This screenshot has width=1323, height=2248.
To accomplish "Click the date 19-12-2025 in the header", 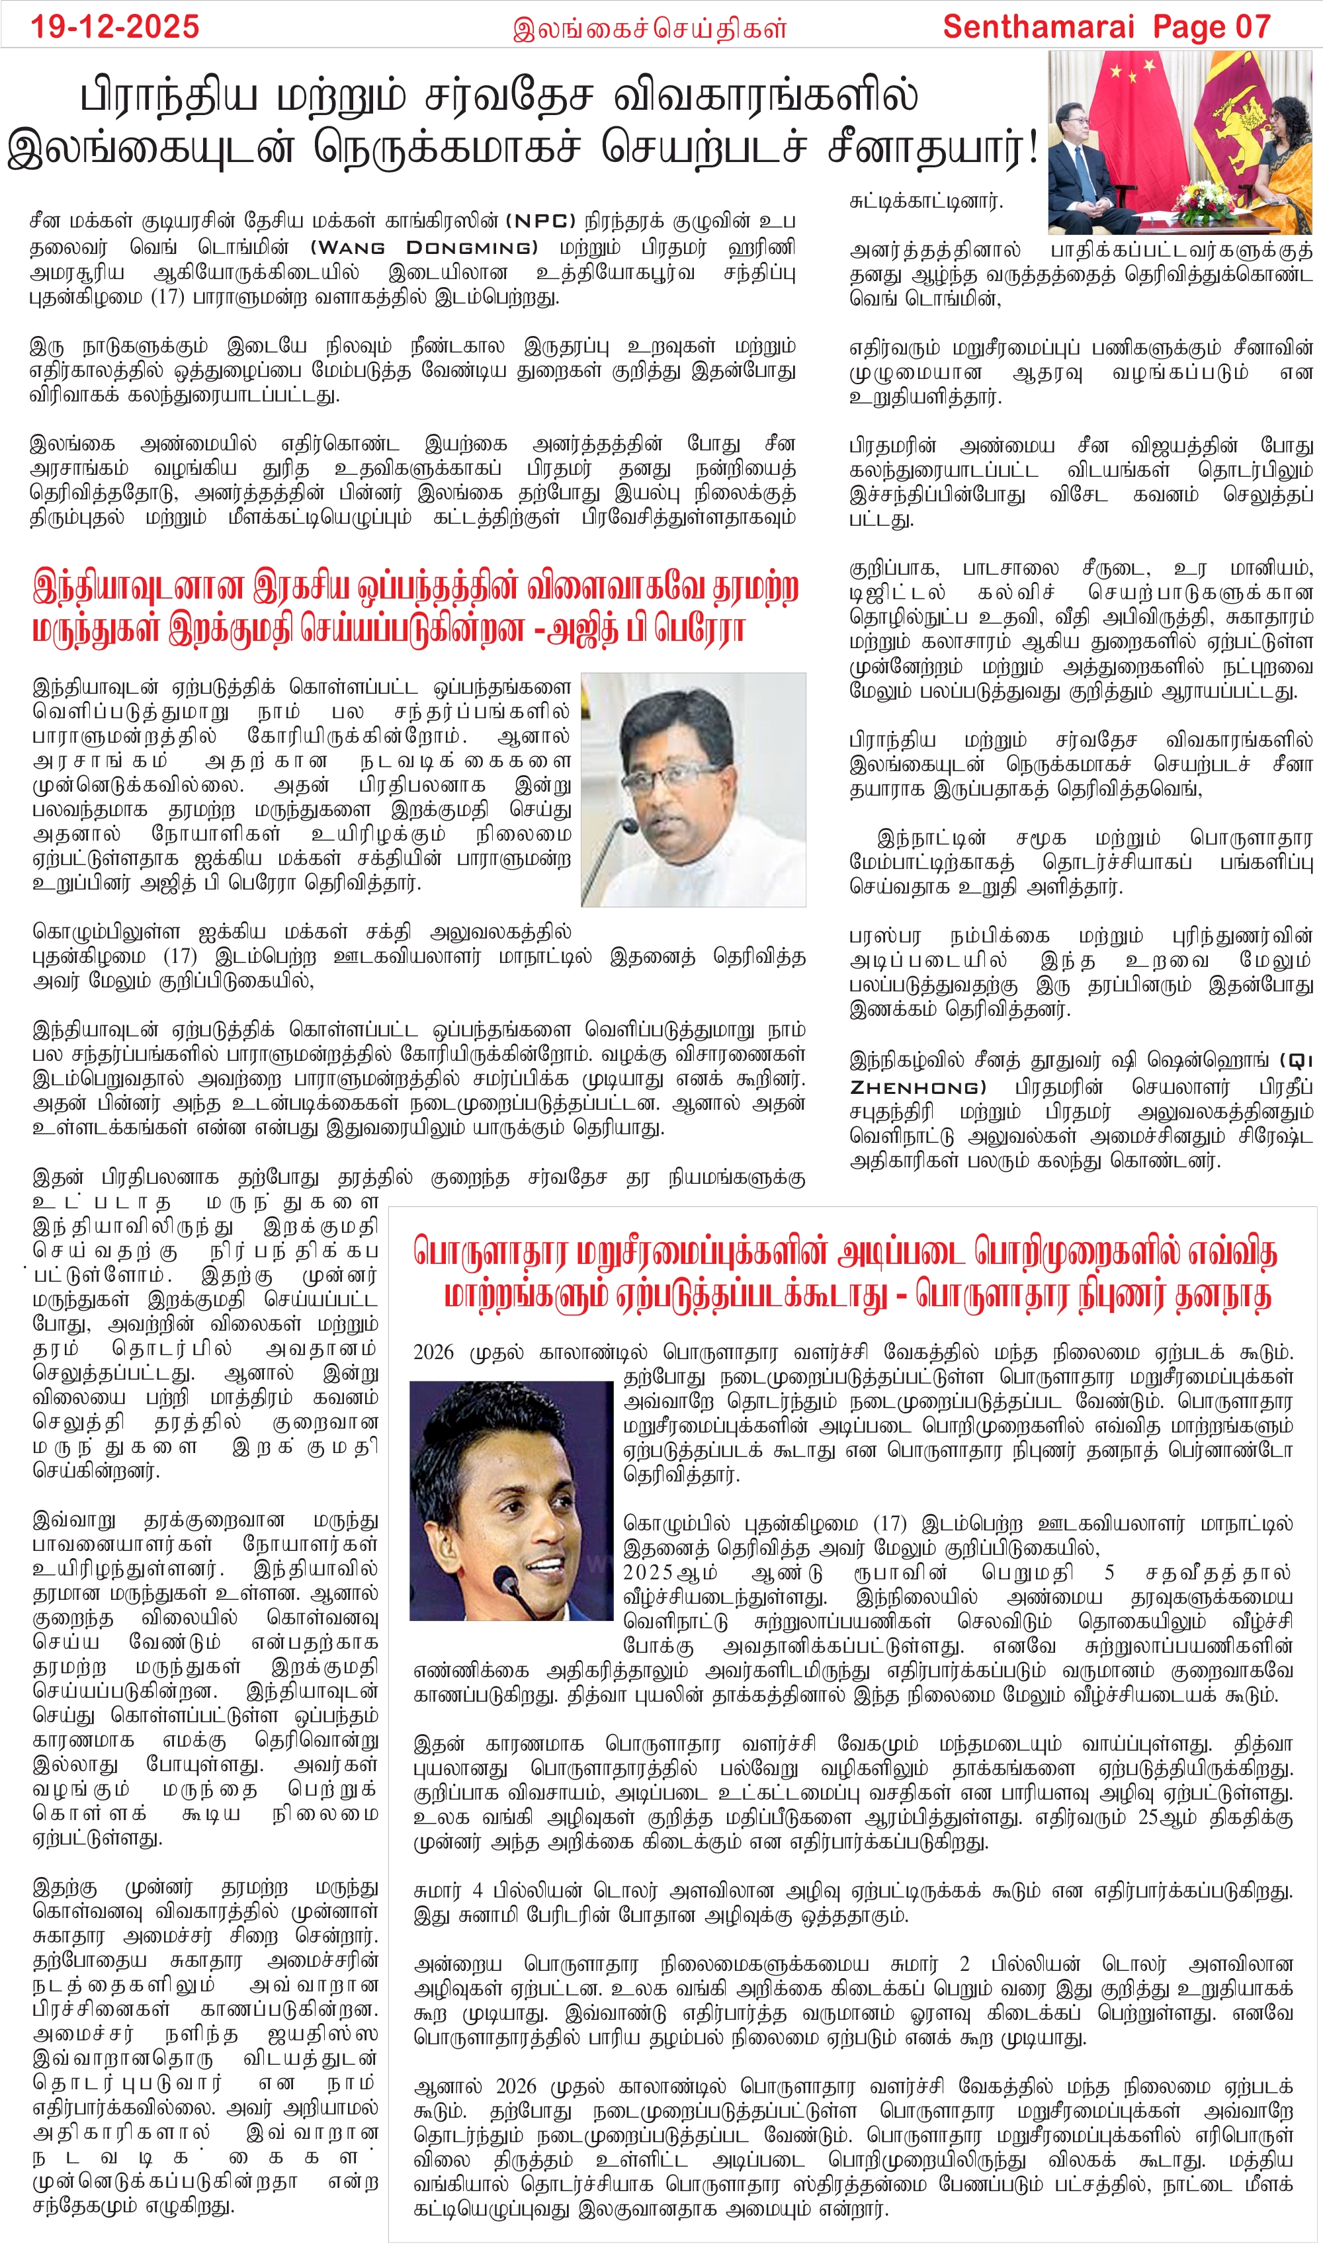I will click(115, 26).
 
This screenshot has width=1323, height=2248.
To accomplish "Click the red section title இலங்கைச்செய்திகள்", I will click(650, 28).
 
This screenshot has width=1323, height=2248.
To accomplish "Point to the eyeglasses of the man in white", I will click(686, 772).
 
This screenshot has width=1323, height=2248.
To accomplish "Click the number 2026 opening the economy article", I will click(433, 1353).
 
